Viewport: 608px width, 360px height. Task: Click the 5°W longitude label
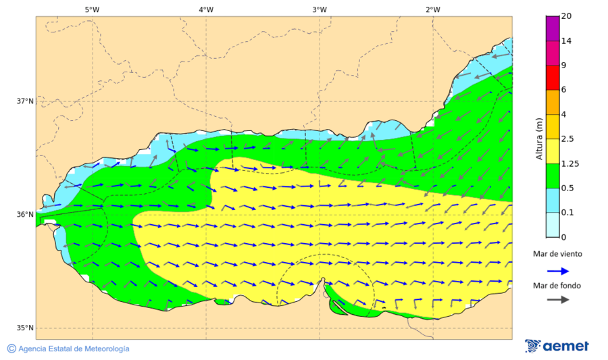(92, 9)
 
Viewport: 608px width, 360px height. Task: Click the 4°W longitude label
(206, 9)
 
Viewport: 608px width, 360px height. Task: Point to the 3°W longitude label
(320, 9)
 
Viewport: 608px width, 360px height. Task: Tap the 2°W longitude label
(433, 9)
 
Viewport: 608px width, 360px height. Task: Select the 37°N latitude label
(25, 101)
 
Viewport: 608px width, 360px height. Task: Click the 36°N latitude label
(25, 215)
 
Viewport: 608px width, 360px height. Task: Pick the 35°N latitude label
(25, 328)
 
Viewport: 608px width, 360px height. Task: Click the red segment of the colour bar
(553, 78)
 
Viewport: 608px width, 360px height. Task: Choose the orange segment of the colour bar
(553, 102)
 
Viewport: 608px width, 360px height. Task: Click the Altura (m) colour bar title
(539, 138)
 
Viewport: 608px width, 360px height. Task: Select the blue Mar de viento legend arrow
(557, 270)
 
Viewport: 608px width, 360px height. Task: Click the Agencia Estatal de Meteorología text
(73, 349)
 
